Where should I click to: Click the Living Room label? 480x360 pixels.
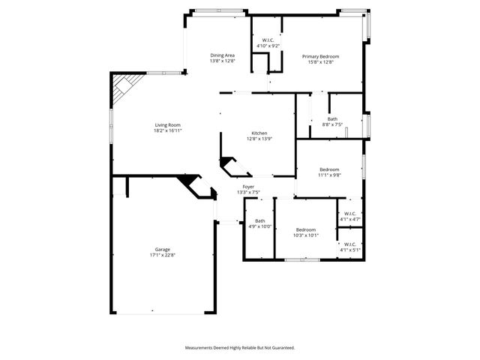[168, 125]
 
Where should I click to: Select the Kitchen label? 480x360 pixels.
[259, 133]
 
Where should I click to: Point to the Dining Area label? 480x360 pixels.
[223, 55]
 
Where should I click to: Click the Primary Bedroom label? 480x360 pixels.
[321, 56]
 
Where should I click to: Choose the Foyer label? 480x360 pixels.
[248, 187]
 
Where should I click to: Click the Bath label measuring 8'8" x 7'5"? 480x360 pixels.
[332, 118]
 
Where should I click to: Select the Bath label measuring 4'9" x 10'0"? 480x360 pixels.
[259, 220]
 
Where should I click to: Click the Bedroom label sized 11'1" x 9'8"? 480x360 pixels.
[330, 169]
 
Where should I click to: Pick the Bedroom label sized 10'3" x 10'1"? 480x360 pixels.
[305, 229]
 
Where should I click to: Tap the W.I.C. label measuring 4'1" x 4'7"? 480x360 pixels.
[350, 214]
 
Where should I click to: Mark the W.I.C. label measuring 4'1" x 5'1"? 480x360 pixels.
[350, 244]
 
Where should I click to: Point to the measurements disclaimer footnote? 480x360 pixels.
[240, 348]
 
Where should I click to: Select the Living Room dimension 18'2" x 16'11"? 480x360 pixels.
[168, 130]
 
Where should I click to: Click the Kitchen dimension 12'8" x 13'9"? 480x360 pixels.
[259, 139]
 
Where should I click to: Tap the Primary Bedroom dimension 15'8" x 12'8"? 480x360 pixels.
[321, 61]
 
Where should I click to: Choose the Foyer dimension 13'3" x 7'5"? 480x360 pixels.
[248, 192]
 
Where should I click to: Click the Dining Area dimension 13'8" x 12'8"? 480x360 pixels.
[223, 61]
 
